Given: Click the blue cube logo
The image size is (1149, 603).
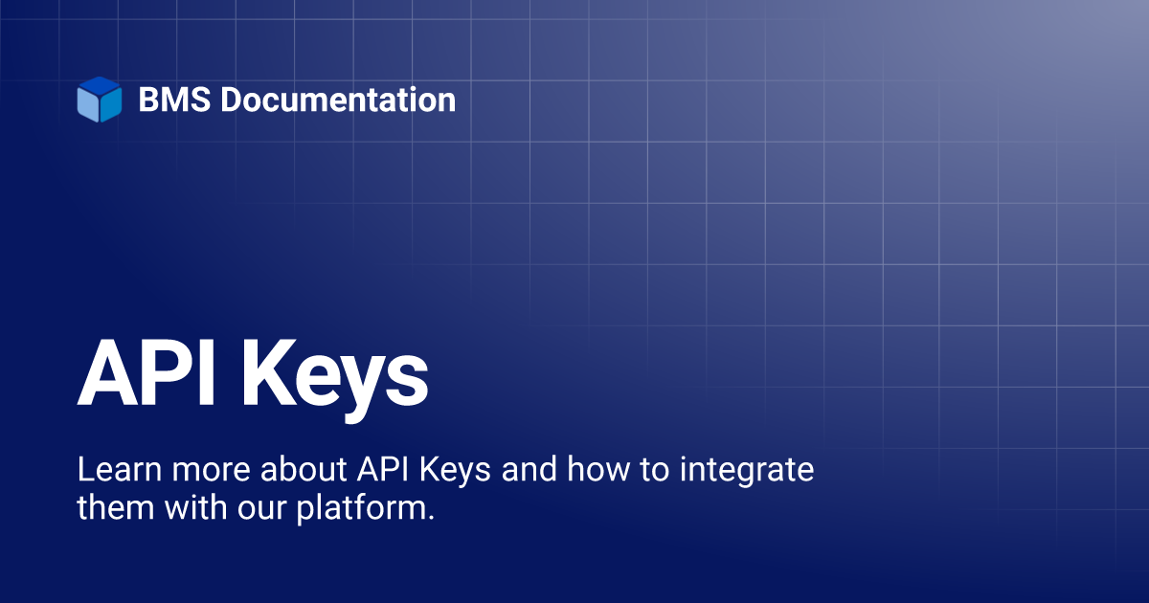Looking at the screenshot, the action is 100,100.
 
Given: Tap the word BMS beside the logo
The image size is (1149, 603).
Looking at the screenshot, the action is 174,100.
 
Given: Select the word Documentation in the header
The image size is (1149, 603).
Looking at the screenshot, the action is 338,100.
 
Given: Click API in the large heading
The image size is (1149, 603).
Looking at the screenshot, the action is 146,372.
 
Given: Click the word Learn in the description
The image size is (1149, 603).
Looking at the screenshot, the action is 120,469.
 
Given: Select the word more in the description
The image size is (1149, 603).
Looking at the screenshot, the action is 211,473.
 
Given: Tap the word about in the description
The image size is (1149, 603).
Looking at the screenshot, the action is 304,469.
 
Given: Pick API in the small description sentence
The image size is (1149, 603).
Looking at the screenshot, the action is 383,469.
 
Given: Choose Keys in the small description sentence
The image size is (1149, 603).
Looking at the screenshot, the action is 456,472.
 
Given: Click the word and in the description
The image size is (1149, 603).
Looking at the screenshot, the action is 529,469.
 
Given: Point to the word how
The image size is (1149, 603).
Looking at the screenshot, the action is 598,469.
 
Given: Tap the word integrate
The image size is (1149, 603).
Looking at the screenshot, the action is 747,472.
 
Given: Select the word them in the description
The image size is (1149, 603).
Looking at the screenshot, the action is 116,507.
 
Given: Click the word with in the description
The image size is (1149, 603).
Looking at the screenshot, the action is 195,507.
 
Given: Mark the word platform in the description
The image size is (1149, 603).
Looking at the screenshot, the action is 361,508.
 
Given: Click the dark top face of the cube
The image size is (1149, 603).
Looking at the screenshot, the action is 100,85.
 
